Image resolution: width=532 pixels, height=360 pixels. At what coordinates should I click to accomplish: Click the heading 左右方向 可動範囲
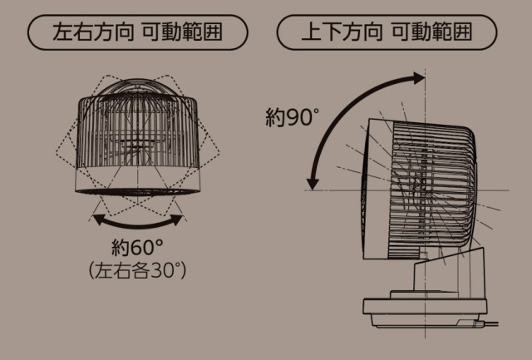pyautogui.click(x=137, y=32)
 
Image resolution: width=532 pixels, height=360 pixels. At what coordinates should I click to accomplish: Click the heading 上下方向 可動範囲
pyautogui.click(x=387, y=32)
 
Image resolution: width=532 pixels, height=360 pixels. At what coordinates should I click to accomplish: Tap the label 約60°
pyautogui.click(x=137, y=248)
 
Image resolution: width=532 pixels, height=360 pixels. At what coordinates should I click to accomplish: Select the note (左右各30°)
pyautogui.click(x=137, y=271)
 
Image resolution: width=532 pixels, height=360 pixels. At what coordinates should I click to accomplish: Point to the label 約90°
pyautogui.click(x=292, y=117)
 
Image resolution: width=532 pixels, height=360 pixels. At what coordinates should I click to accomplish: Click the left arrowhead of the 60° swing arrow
pyautogui.click(x=98, y=219)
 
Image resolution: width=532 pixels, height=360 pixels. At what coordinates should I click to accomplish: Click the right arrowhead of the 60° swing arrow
pyautogui.click(x=177, y=219)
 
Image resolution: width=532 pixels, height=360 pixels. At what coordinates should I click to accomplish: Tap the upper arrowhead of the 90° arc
pyautogui.click(x=419, y=78)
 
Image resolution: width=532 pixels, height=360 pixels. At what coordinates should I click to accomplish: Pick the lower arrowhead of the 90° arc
pyautogui.click(x=313, y=184)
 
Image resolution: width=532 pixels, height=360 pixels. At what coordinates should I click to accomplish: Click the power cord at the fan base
pyautogui.click(x=488, y=324)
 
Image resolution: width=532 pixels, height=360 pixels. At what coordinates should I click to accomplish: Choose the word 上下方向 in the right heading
pyautogui.click(x=342, y=32)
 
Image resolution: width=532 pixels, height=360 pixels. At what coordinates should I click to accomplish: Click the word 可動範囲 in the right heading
pyautogui.click(x=432, y=32)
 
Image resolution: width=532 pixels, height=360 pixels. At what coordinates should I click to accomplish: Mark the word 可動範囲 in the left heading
pyautogui.click(x=182, y=32)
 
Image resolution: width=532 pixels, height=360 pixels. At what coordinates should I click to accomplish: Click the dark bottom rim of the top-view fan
pyautogui.click(x=137, y=192)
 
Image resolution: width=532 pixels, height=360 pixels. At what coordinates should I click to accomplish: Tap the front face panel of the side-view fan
pyautogui.click(x=377, y=188)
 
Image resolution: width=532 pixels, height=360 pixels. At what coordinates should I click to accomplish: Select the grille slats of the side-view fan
pyautogui.click(x=432, y=186)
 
